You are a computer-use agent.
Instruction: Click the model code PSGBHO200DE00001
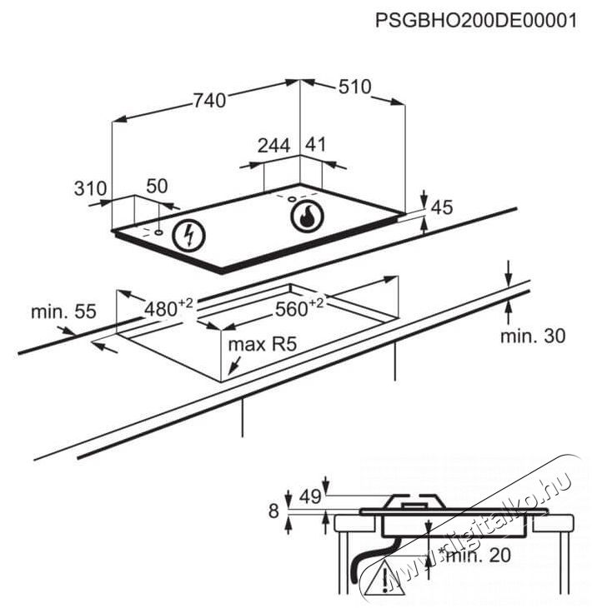tap(476, 21)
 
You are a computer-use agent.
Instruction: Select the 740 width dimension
tap(209, 100)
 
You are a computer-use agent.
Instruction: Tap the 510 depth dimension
tap(355, 87)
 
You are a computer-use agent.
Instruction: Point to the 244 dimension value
tap(274, 146)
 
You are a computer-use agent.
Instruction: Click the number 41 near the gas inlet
tap(316, 144)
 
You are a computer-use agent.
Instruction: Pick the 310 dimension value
tap(90, 188)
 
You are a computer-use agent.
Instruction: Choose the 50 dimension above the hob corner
tap(158, 186)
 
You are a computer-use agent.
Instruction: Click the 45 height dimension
tap(442, 207)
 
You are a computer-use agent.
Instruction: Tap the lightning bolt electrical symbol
tap(189, 235)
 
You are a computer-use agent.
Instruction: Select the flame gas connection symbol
tap(307, 217)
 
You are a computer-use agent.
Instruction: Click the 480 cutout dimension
tap(168, 308)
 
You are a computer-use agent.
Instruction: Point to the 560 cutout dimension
tap(299, 308)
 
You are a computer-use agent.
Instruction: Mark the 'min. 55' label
tap(63, 311)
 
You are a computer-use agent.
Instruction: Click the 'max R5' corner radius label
tap(263, 344)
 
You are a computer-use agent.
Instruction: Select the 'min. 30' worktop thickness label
tap(533, 336)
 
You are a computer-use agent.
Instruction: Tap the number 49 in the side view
tap(311, 496)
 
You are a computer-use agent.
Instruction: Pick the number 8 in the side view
tap(273, 511)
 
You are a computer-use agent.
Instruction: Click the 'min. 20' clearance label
tap(479, 556)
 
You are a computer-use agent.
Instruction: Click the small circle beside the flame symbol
tap(292, 199)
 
